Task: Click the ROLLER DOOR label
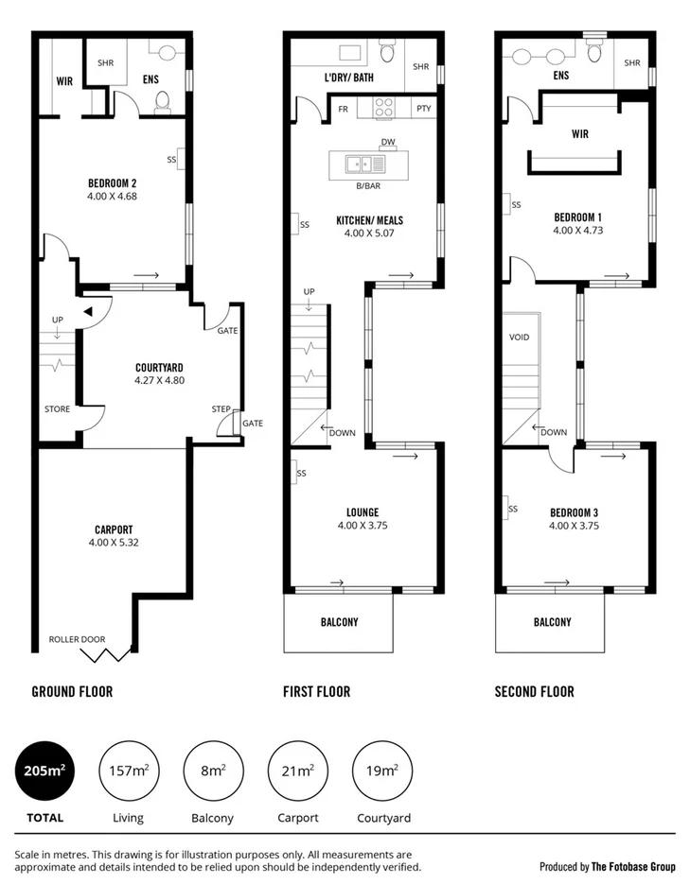(x=77, y=639)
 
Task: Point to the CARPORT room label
(x=114, y=529)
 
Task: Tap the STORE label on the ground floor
(x=57, y=409)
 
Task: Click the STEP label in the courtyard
(x=221, y=409)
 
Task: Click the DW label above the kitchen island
(x=387, y=143)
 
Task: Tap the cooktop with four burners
(x=385, y=108)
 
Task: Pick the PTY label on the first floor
(x=423, y=109)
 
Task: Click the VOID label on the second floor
(x=519, y=338)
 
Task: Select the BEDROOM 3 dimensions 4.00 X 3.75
(x=574, y=527)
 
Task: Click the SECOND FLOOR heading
(x=534, y=692)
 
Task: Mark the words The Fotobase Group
(x=633, y=866)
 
